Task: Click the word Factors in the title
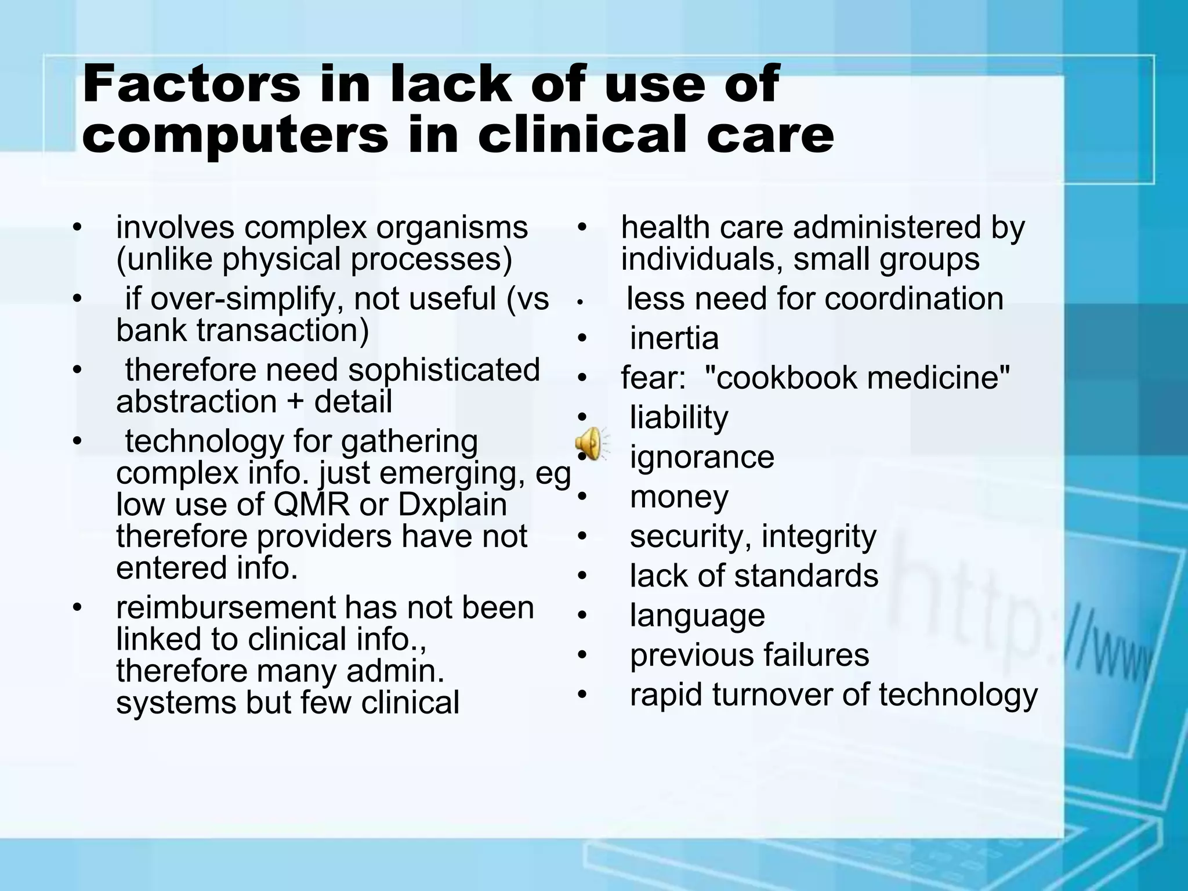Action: (191, 85)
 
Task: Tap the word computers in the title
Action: (235, 135)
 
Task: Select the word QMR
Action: (312, 505)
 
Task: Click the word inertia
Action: (674, 338)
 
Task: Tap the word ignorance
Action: (702, 457)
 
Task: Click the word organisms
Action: (452, 228)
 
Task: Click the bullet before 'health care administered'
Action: (582, 227)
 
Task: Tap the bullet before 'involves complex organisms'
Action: (77, 227)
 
